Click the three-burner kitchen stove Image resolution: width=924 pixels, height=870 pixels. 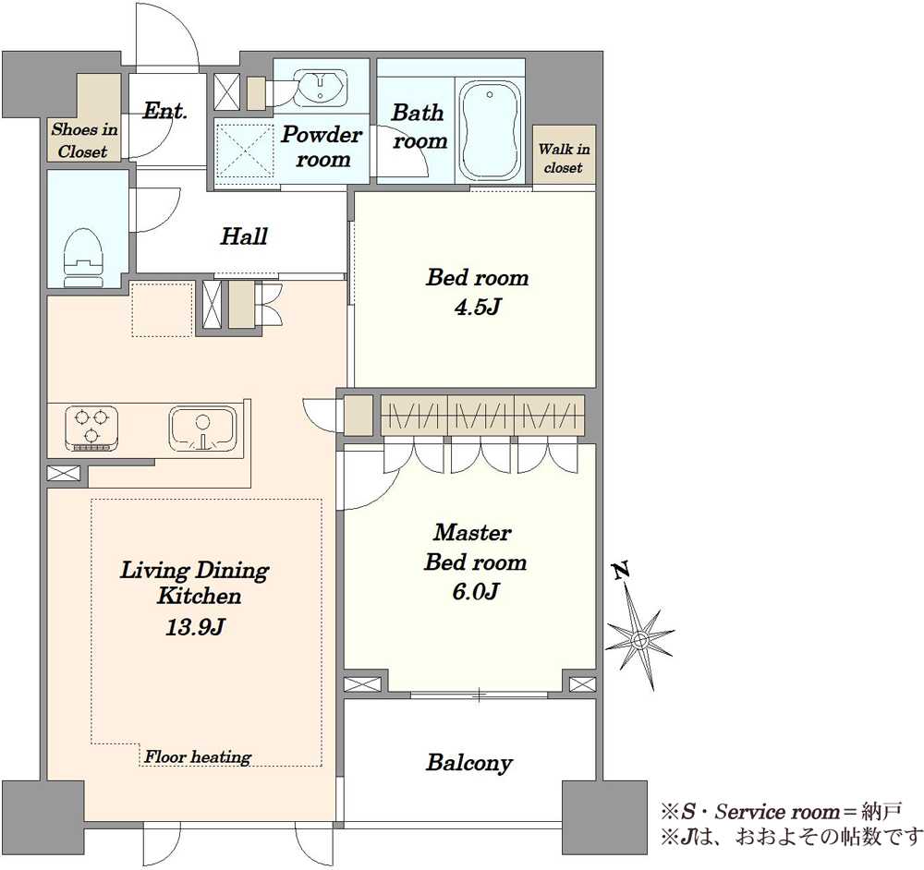(91, 429)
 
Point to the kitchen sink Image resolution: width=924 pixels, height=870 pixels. (203, 429)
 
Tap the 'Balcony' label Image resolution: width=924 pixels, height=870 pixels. (469, 763)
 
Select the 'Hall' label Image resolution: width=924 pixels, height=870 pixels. (244, 236)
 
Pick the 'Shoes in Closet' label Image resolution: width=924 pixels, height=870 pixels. (84, 140)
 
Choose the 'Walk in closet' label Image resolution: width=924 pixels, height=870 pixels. (564, 158)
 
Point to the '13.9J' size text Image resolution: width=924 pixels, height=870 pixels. (194, 627)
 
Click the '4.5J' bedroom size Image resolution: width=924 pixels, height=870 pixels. (478, 307)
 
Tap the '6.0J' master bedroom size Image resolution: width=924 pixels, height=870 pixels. (476, 591)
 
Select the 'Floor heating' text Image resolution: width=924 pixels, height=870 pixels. (198, 757)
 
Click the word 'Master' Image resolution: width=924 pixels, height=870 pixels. (472, 533)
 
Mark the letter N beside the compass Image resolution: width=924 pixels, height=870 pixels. (620, 570)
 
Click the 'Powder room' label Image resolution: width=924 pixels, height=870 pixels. (322, 147)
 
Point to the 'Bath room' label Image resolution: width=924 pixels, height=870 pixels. (419, 126)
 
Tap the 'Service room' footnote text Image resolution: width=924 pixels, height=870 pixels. (777, 812)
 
